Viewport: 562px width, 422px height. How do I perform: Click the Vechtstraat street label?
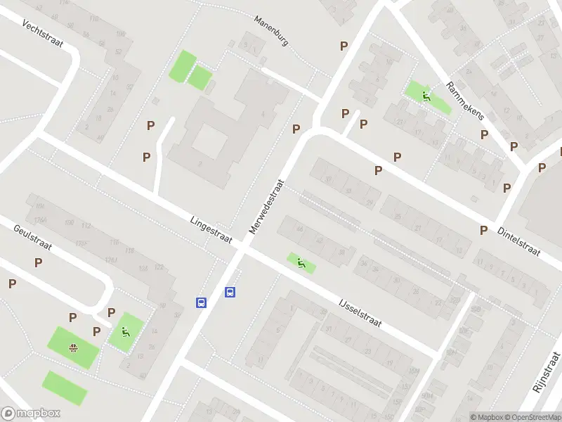[x=42, y=34]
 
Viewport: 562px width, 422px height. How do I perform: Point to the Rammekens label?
[x=465, y=101]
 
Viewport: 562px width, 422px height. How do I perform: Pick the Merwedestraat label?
[x=268, y=204]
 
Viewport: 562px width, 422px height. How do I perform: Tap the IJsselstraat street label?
[x=359, y=312]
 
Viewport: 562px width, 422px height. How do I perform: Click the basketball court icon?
[x=72, y=347]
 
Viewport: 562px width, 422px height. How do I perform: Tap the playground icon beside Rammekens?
[x=426, y=95]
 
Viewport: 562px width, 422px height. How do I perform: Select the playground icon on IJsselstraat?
[x=301, y=264]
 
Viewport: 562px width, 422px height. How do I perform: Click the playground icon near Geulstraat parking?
[x=125, y=332]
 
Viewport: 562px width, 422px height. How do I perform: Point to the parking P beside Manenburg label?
[x=344, y=46]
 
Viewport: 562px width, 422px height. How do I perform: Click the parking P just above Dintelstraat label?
[x=483, y=230]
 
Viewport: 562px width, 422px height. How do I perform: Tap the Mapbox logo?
[x=31, y=414]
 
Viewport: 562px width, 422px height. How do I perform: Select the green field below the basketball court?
[x=65, y=388]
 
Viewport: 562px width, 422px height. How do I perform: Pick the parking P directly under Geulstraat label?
[x=38, y=262]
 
